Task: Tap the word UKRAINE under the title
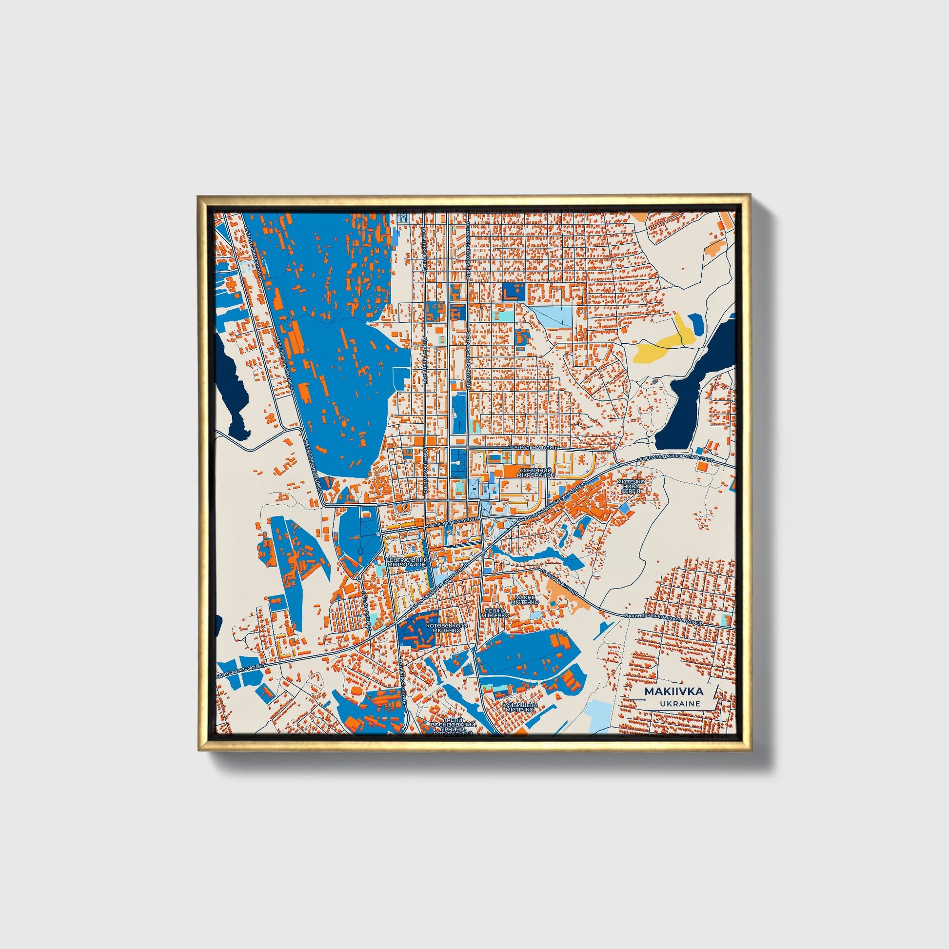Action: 680,704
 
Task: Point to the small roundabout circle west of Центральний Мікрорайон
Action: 359,580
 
